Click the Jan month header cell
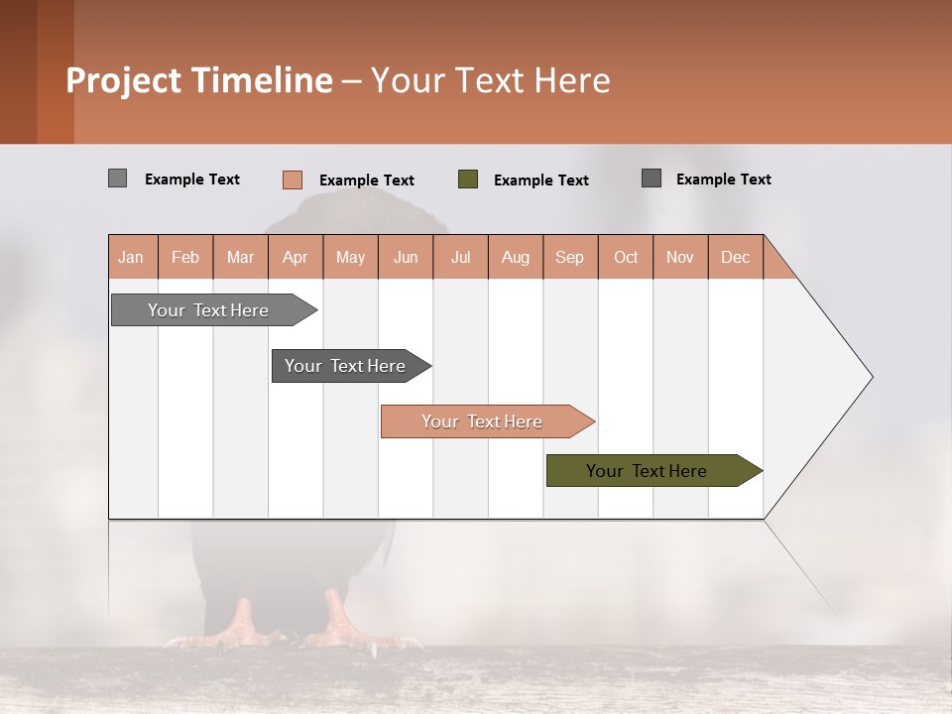[132, 257]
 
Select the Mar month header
[240, 257]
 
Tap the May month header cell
[350, 257]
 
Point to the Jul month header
[460, 257]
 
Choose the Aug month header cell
[516, 257]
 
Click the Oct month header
[626, 257]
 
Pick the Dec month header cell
[735, 257]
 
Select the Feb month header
[185, 257]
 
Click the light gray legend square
[117, 178]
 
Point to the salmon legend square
[292, 179]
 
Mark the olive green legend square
[468, 179]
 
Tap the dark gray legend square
[652, 178]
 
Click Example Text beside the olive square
[540, 180]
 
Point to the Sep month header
[569, 257]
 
